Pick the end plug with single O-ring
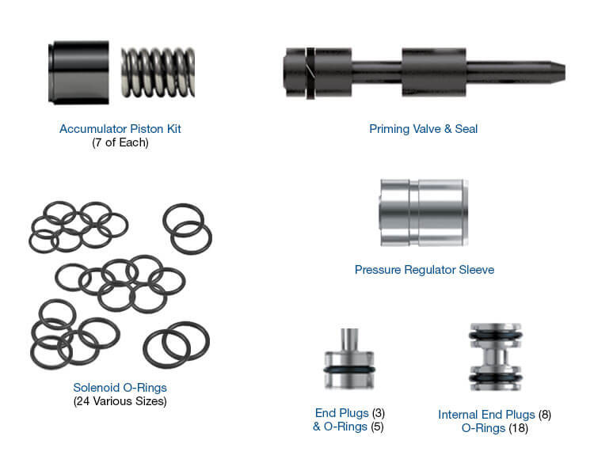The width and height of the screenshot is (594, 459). [x=349, y=363]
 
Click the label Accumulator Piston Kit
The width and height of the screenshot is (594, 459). [x=126, y=128]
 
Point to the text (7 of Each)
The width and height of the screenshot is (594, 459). [x=126, y=142]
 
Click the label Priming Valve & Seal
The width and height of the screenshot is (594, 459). [x=423, y=128]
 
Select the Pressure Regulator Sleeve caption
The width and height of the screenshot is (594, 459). [x=424, y=270]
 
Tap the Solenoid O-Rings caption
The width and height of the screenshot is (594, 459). [x=119, y=388]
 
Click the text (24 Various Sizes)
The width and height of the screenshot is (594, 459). [x=119, y=401]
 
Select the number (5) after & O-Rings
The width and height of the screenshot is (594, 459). [x=378, y=427]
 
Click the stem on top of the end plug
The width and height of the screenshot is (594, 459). [x=349, y=338]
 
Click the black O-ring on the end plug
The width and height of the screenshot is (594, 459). [x=349, y=370]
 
